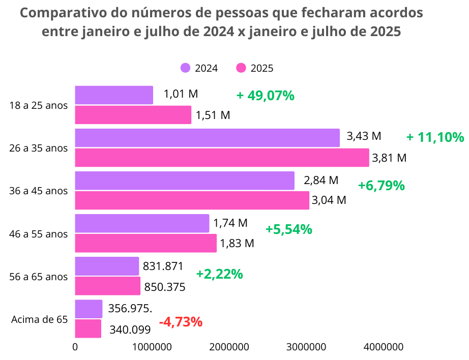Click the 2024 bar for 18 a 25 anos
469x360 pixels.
(114, 95)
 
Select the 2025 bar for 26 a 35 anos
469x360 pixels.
(222, 158)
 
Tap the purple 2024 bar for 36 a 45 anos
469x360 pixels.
(185, 181)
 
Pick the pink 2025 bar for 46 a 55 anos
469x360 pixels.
(145, 243)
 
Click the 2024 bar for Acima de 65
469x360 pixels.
(89, 309)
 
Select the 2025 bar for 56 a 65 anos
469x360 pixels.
(107, 286)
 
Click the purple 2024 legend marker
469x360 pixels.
(186, 68)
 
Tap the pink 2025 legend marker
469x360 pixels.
(241, 68)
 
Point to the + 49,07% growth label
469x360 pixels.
(265, 96)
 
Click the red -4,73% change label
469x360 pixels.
(181, 322)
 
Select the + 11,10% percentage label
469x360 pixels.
(435, 137)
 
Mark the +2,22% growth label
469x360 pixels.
(219, 274)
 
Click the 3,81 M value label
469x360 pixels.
(389, 158)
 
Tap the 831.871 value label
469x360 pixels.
(163, 266)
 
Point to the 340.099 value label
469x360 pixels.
(130, 330)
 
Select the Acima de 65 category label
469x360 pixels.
(39, 319)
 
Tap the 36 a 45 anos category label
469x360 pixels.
(39, 191)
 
